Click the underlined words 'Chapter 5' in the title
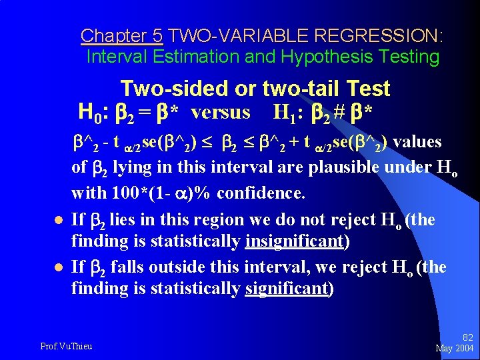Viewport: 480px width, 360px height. pyautogui.click(x=121, y=35)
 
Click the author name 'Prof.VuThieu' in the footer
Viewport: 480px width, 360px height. pyautogui.click(x=66, y=346)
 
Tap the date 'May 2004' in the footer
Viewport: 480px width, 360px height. pyautogui.click(x=454, y=348)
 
